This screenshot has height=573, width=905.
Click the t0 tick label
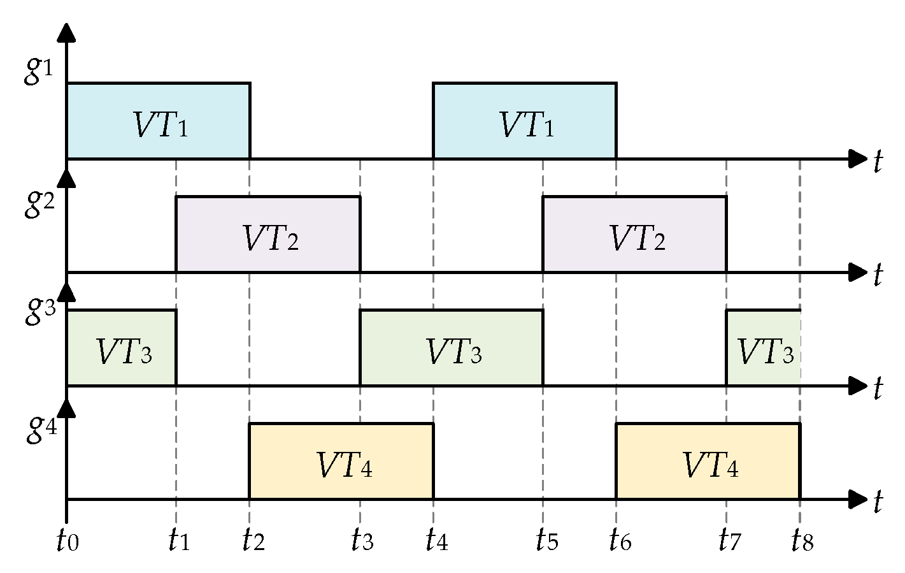pos(67,541)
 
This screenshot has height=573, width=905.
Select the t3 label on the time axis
pos(362,541)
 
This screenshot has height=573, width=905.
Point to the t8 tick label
pos(802,541)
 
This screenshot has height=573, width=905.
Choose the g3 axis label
pos(38,311)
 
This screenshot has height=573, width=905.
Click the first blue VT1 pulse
pos(159,121)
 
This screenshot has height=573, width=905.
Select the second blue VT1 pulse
pos(525,121)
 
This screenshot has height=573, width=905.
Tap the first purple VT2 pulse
pos(268,235)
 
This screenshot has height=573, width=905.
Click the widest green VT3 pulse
pos(452,348)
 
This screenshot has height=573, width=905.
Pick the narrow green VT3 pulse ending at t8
pos(763,348)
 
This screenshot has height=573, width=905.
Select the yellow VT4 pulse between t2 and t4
pos(341,461)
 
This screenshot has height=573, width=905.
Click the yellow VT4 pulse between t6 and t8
pos(708,461)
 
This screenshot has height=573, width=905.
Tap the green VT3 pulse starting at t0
pos(122,348)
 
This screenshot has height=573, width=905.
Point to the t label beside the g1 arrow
pos(878,161)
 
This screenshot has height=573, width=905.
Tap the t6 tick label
pos(619,541)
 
